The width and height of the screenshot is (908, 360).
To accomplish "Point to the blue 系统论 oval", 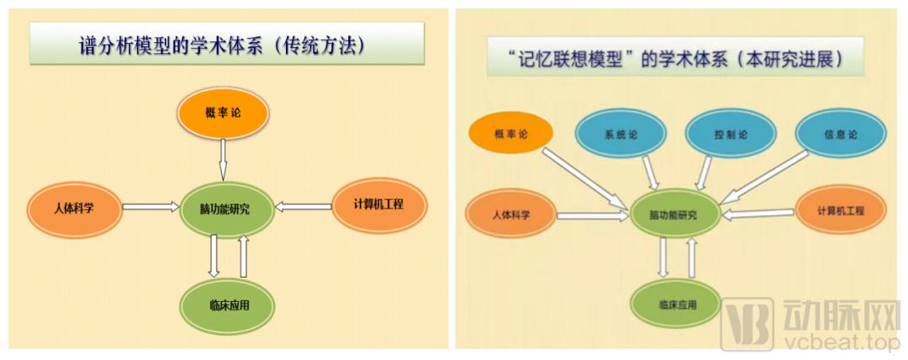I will coord(621,135).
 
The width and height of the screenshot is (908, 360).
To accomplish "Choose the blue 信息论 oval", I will coord(841,135).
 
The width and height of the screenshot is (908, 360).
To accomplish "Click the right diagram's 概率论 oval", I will coord(511,134).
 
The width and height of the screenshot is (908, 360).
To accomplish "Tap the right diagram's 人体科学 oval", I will coord(511,214).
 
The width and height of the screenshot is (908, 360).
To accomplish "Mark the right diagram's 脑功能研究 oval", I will coord(673,214).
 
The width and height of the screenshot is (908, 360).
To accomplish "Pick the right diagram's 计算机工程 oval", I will coord(840,210).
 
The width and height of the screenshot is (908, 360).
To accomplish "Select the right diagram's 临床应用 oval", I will coord(677,304).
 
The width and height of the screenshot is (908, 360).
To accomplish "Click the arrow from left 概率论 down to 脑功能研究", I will coord(223,159).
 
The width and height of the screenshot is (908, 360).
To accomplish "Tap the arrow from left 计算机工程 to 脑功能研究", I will coord(304,204).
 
